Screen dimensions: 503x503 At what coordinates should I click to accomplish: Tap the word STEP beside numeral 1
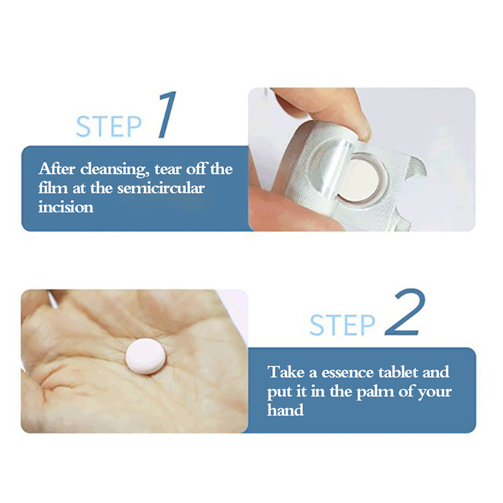pos(108,126)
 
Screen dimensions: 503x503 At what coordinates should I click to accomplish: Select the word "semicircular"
pos(161,188)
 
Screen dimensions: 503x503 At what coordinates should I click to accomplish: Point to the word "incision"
pos(66,207)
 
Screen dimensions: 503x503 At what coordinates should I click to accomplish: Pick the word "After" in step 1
pos(57,169)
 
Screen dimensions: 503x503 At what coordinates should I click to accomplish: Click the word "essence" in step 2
pos(348,372)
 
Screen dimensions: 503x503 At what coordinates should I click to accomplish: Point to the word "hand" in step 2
pos(285,410)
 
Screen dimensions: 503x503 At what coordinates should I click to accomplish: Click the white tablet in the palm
pos(145,356)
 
